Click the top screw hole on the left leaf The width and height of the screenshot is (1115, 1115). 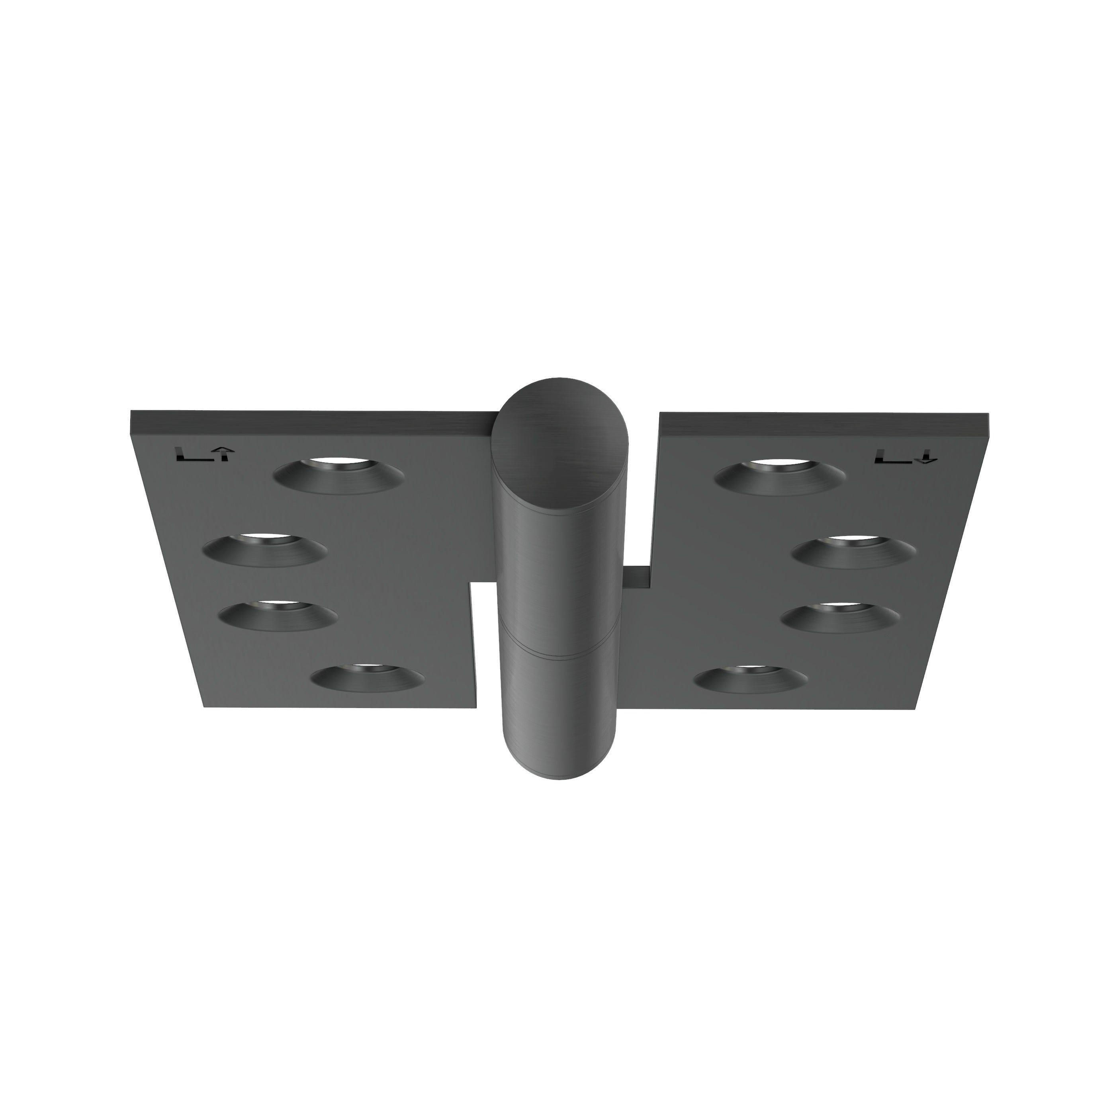click(x=339, y=476)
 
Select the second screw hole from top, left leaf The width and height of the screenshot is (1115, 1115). click(x=265, y=549)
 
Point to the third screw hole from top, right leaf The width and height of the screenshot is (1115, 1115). click(x=840, y=617)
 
